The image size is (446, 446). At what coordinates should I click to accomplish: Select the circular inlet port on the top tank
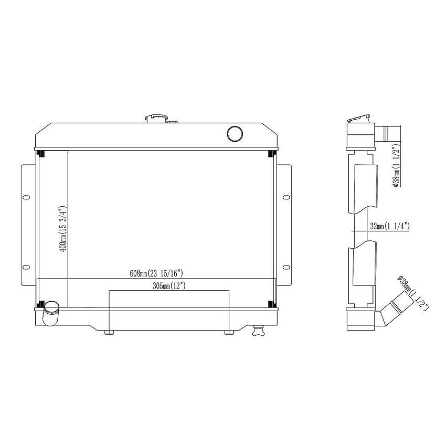coord(234,133)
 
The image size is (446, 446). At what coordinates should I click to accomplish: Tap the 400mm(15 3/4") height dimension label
coord(63,229)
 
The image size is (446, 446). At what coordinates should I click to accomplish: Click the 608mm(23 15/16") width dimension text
coord(156,273)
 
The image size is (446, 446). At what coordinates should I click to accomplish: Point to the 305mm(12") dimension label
coord(169,286)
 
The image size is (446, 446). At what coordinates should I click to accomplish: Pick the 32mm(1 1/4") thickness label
coord(389,226)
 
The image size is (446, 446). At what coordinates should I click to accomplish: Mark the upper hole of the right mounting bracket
coord(285,198)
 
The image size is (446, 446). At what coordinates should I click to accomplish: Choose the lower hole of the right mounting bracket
coord(285,267)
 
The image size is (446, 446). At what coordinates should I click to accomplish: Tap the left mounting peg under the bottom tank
coord(109,332)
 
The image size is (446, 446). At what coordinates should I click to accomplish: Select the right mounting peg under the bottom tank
coord(228,332)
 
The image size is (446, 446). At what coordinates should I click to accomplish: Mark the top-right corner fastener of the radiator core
coord(271,154)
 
